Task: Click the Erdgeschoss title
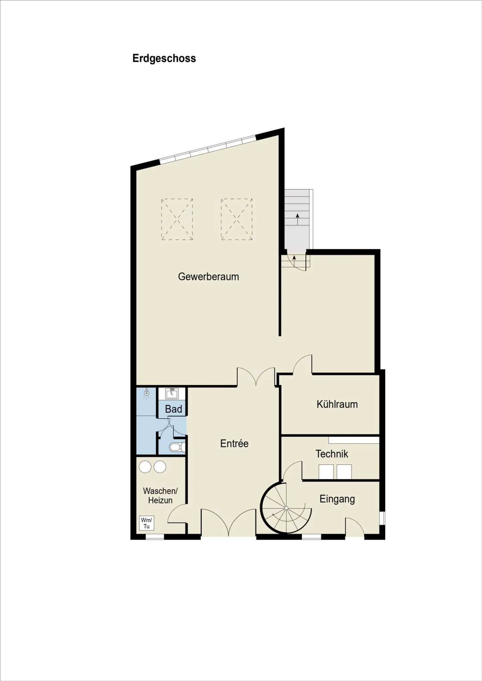(164, 59)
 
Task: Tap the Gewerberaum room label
(208, 277)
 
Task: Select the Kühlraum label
(337, 404)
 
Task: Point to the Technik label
(332, 454)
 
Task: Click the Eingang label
(337, 499)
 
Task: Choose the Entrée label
(234, 444)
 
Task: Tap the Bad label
(173, 409)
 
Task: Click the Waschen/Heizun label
(160, 495)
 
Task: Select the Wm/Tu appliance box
(147, 523)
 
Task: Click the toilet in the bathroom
(176, 447)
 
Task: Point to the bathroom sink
(172, 393)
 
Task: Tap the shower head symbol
(146, 393)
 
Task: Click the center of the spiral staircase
(286, 508)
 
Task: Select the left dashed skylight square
(177, 219)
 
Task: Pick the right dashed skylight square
(237, 219)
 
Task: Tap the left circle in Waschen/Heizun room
(145, 467)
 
